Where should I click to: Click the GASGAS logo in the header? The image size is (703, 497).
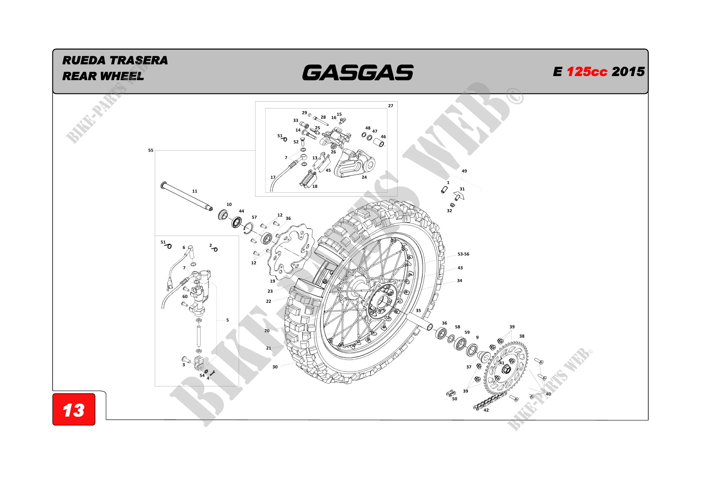click(358, 72)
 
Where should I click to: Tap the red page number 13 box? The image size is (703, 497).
click(74, 410)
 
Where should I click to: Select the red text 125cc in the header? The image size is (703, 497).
click(587, 72)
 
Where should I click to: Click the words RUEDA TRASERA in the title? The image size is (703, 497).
click(115, 60)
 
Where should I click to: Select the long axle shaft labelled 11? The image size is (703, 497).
click(187, 197)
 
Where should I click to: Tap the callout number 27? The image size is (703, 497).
click(391, 106)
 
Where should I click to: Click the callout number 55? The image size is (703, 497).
click(151, 150)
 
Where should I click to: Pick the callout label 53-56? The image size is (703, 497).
click(463, 254)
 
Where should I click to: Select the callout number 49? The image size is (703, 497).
click(464, 171)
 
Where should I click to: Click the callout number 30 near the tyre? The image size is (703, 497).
click(275, 367)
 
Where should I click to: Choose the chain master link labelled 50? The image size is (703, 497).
click(451, 393)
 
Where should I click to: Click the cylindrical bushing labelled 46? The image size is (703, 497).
click(379, 142)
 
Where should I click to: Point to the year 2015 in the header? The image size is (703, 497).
click(628, 72)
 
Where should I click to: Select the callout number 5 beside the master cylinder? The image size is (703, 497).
click(228, 320)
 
